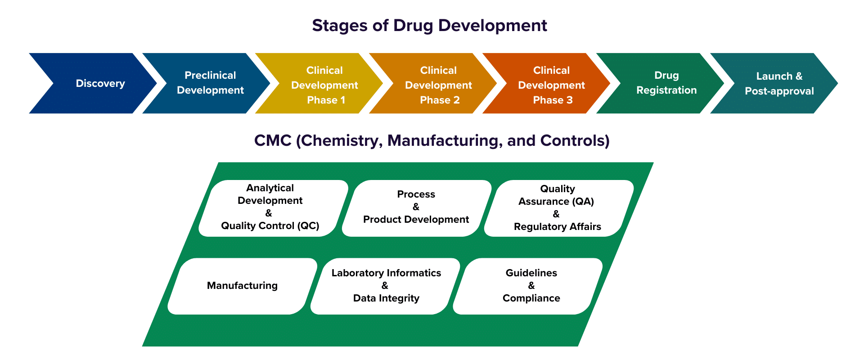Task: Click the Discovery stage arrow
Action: (x=100, y=83)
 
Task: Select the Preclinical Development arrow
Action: (x=210, y=83)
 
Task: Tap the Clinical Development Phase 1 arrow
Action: (x=324, y=85)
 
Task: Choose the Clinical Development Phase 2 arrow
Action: (x=438, y=85)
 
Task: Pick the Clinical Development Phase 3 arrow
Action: (x=551, y=85)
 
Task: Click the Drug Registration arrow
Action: (x=666, y=83)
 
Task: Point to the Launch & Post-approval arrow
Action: (x=779, y=84)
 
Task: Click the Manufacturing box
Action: (x=242, y=286)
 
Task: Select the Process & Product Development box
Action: (x=416, y=207)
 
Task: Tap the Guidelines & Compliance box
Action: (x=531, y=286)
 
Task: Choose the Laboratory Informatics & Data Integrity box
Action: (x=386, y=286)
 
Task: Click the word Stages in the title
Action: (x=340, y=26)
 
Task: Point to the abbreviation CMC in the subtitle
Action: (x=273, y=141)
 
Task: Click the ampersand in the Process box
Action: (x=416, y=207)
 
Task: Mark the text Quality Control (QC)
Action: (x=270, y=226)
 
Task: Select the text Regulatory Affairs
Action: (x=557, y=227)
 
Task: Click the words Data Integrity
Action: (x=386, y=298)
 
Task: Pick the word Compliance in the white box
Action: (x=531, y=298)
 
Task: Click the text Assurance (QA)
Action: (x=556, y=202)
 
